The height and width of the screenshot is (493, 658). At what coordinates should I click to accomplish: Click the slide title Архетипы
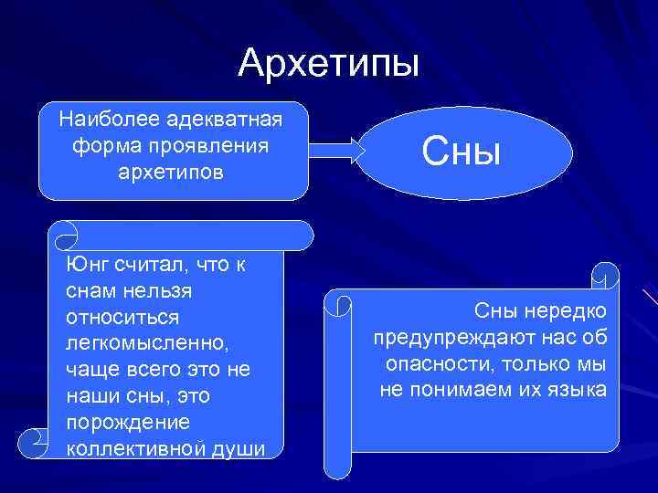(329, 63)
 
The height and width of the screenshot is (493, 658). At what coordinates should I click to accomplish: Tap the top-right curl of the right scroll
(604, 273)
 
